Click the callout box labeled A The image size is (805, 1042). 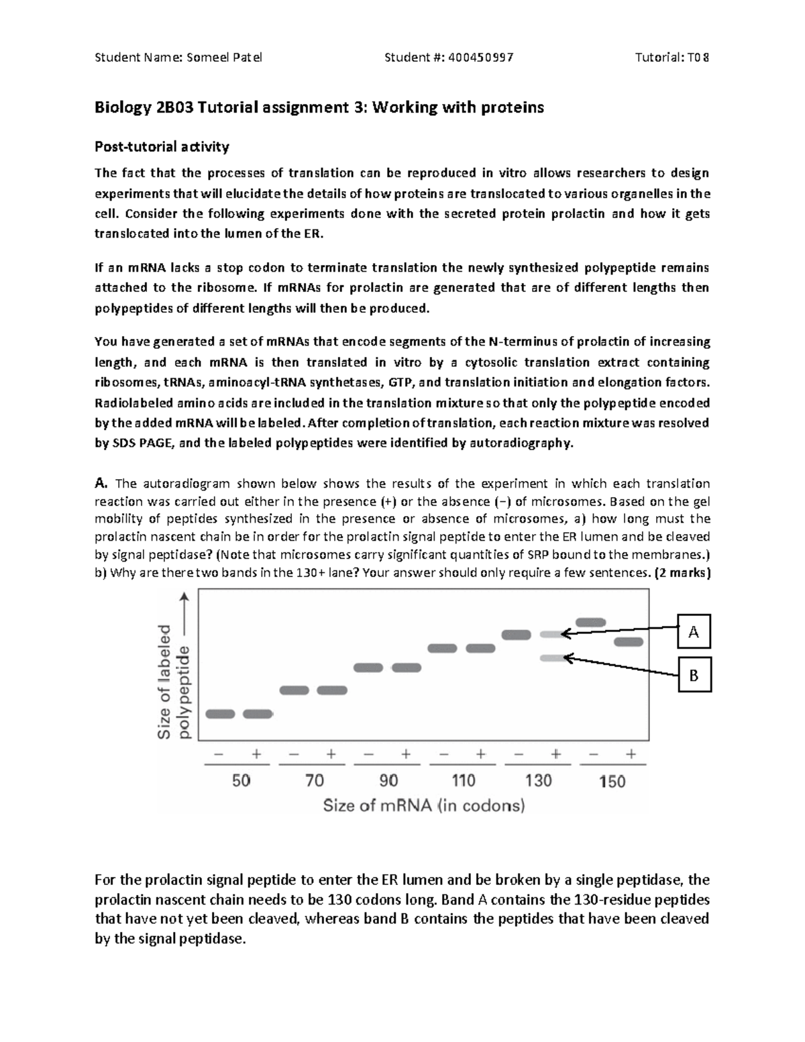tap(694, 631)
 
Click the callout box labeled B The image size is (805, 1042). tap(694, 675)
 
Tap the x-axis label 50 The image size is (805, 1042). tap(241, 781)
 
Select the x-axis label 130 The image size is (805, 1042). tap(538, 781)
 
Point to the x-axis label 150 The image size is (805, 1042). tap(612, 781)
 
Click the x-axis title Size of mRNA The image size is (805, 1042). tap(424, 805)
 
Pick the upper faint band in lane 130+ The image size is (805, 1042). tap(553, 634)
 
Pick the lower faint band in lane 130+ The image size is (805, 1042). tap(553, 658)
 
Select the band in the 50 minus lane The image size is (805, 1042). tap(220, 714)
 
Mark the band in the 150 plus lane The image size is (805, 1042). tap(629, 642)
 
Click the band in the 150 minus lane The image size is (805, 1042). tap(591, 622)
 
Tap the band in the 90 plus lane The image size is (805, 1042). tap(407, 668)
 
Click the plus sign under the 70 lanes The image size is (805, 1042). tap(331, 753)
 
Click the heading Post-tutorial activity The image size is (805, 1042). tap(162, 146)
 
